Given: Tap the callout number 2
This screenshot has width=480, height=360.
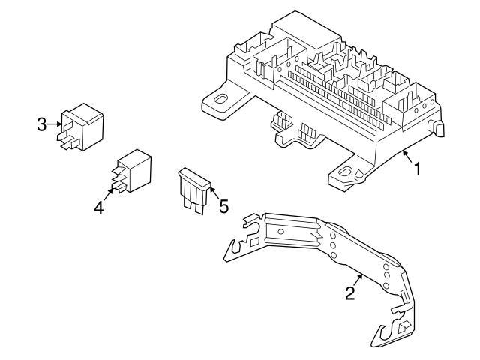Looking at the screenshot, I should [x=350, y=293].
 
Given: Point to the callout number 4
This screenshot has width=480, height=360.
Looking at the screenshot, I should [x=98, y=208].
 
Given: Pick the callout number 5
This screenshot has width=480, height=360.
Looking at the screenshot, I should [x=223, y=205].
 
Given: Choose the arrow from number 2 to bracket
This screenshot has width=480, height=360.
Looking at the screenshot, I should [x=360, y=280].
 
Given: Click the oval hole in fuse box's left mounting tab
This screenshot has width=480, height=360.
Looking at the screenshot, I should [x=223, y=99].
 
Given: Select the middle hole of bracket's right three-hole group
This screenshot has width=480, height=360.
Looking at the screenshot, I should [x=387, y=274].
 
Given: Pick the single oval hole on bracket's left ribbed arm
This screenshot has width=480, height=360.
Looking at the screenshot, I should [x=280, y=232].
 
